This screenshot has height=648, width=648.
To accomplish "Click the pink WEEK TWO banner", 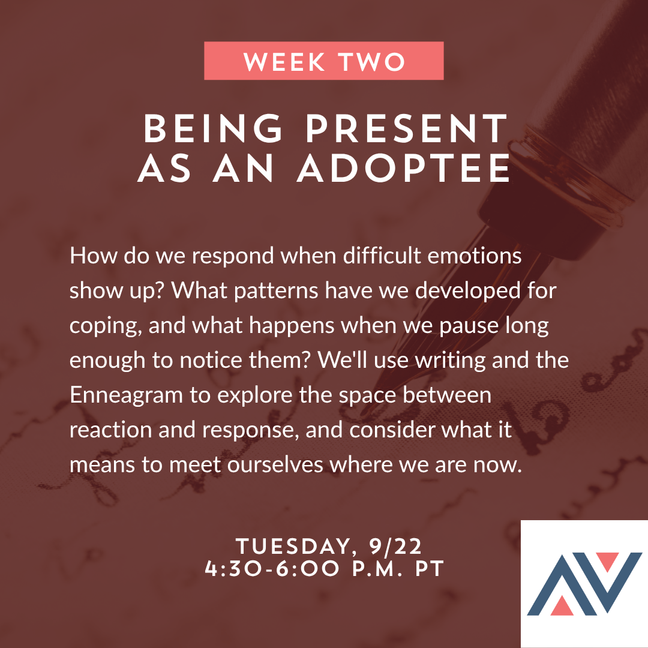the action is tap(323, 61).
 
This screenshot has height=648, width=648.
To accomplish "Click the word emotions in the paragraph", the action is tap(475, 256).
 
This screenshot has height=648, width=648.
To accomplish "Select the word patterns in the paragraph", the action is tap(276, 291).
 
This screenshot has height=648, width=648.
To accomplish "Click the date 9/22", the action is tap(395, 547).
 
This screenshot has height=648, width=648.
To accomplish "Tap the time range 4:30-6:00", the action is tap(272, 569).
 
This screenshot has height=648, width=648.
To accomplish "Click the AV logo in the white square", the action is tap(584, 584).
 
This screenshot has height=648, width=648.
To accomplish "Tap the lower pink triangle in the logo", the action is tap(562, 605).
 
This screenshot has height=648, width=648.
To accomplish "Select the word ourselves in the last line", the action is tap(275, 465).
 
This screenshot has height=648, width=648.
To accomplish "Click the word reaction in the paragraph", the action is tap(110, 431).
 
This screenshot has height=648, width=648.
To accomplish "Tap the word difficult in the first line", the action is tap(382, 256).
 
